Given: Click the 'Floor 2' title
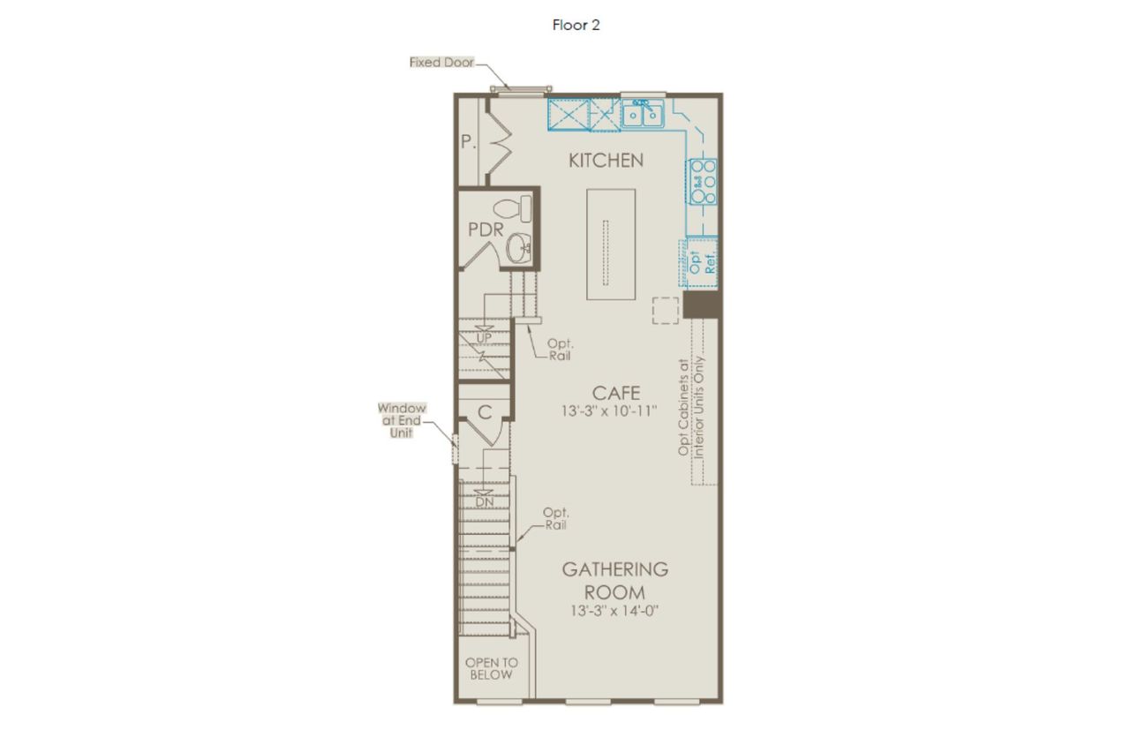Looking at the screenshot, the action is [576, 26].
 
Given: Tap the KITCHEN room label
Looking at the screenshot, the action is [606, 161].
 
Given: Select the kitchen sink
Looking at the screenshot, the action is [643, 114].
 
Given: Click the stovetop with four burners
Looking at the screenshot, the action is [704, 182].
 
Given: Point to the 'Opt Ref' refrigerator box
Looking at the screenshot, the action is [701, 262].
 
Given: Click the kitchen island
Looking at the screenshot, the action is [611, 245].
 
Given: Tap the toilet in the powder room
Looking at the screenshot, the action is [513, 209].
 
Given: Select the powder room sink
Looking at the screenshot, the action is [518, 248].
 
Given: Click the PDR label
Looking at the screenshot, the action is [486, 230].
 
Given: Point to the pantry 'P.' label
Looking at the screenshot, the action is [469, 142].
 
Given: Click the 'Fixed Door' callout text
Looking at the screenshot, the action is [442, 62].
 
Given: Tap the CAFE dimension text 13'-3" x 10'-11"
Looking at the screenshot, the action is [609, 411].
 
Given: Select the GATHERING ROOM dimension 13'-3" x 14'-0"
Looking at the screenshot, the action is [614, 611].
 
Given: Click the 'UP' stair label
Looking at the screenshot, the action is [485, 338].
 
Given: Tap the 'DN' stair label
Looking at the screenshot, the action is [485, 502].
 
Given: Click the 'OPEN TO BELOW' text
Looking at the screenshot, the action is [492, 668].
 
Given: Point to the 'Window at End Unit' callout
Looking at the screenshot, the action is [402, 420].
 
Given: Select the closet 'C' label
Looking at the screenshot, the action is [485, 413].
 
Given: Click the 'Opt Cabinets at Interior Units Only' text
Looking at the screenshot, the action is [691, 407].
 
